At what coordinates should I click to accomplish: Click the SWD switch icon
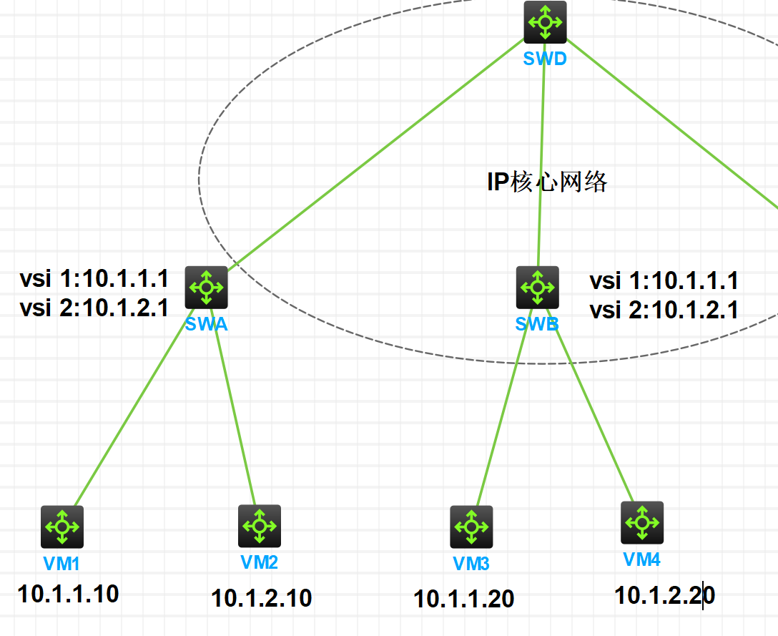[545, 22]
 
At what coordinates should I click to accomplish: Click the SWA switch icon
[207, 288]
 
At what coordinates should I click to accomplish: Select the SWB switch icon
[537, 288]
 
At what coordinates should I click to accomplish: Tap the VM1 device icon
[62, 527]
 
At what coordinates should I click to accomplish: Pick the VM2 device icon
[260, 526]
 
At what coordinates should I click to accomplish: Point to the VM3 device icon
[471, 527]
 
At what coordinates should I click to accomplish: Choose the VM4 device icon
[642, 523]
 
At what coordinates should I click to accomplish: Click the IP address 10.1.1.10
[69, 593]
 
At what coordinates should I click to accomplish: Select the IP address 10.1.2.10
[261, 597]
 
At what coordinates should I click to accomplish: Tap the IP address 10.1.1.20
[463, 599]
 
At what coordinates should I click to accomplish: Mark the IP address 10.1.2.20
[664, 595]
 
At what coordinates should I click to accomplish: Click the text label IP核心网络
[547, 182]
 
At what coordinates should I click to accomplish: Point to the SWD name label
[545, 59]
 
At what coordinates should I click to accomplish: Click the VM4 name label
[642, 559]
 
